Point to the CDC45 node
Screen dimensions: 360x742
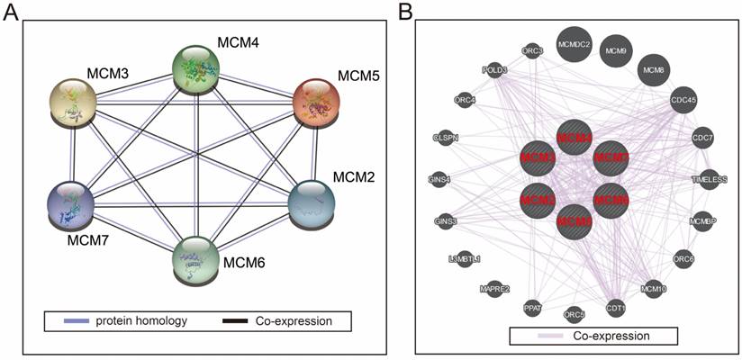(684, 102)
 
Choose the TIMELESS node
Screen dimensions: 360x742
(709, 179)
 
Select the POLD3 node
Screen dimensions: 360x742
(494, 69)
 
